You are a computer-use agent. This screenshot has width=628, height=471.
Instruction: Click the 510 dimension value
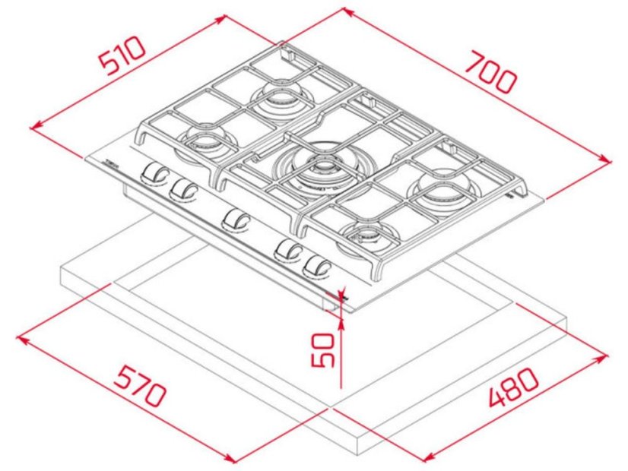pos(122,57)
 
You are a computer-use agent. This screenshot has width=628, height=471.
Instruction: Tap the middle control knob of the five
pos(236,220)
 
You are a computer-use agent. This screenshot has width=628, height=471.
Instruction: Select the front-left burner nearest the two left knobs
pos(203,141)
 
